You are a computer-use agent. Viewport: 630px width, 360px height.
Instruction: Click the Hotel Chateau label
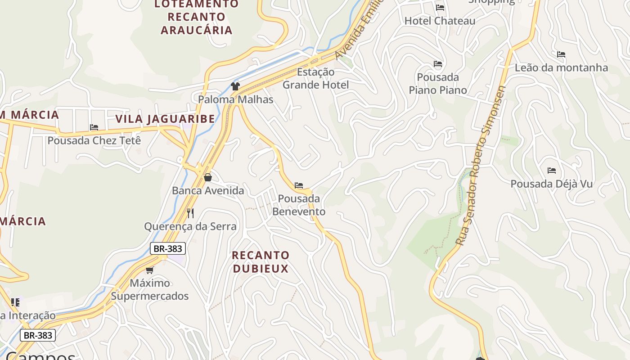click(x=440, y=21)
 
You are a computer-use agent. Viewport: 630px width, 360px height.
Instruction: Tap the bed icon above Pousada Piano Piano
click(x=438, y=64)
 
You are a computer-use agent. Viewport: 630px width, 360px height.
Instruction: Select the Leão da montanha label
click(x=561, y=68)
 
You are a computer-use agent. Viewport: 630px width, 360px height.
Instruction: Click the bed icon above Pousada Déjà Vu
click(x=552, y=171)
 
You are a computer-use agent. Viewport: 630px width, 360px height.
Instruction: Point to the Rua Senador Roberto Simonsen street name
click(x=480, y=166)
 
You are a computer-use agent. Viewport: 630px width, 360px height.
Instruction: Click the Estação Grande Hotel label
click(x=315, y=78)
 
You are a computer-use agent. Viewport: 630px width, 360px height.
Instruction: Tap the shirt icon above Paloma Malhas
click(x=235, y=86)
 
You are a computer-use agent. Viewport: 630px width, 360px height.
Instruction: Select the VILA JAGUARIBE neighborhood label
click(x=165, y=119)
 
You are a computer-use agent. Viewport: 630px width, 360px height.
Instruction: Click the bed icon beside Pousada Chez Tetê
click(x=94, y=128)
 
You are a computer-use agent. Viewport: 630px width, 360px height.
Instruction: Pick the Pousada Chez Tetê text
click(x=94, y=140)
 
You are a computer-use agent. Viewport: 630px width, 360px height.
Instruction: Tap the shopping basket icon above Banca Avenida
click(x=207, y=177)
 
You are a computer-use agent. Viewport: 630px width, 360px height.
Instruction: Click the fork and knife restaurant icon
click(x=190, y=213)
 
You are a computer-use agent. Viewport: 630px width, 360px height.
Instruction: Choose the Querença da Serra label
click(x=190, y=226)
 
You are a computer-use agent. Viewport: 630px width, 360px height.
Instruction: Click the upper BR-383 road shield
click(x=167, y=248)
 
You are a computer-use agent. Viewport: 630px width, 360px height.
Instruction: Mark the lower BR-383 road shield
click(x=38, y=335)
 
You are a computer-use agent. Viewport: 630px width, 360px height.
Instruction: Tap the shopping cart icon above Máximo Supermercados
click(x=149, y=270)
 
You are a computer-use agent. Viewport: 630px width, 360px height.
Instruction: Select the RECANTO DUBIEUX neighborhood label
click(x=261, y=262)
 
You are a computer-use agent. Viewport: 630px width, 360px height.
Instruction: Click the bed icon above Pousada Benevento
click(x=299, y=185)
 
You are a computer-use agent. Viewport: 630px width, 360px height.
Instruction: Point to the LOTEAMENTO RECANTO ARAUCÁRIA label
click(x=197, y=17)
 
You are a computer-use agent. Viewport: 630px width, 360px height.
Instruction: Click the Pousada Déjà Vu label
click(x=551, y=184)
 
